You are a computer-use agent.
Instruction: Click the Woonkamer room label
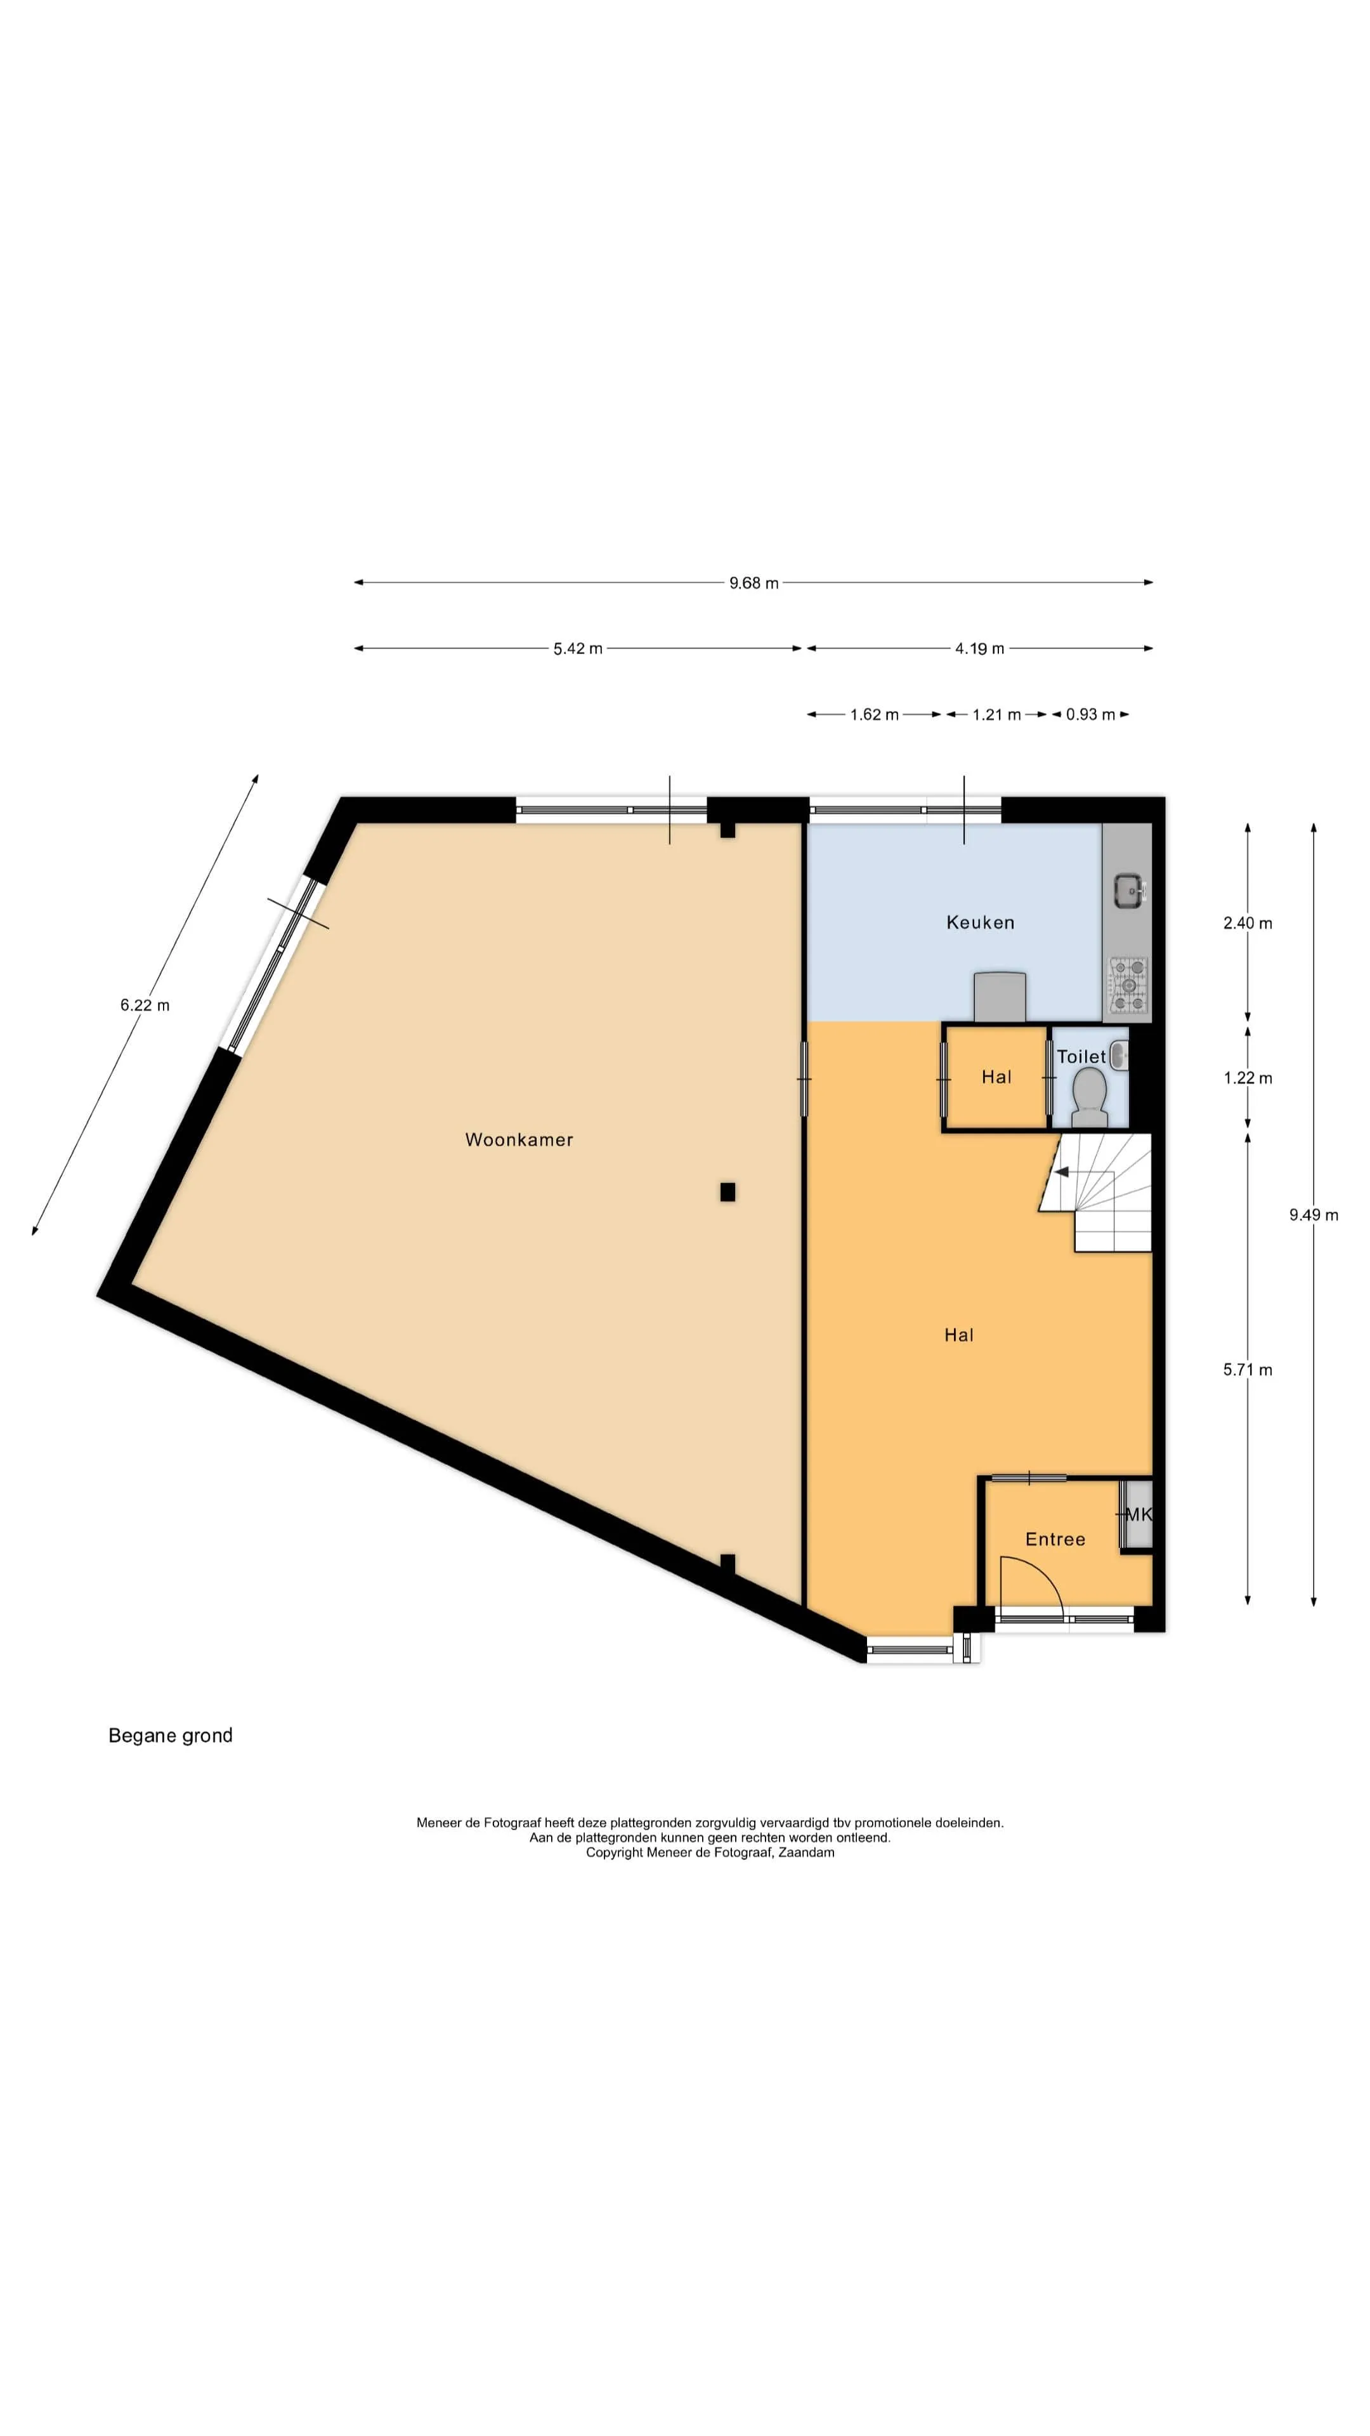pyautogui.click(x=519, y=1139)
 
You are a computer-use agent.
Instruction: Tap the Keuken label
pyautogui.click(x=981, y=922)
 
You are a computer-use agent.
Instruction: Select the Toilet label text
pyautogui.click(x=1081, y=1056)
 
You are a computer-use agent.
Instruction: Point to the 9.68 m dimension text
pyautogui.click(x=753, y=582)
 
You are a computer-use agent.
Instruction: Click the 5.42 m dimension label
pyautogui.click(x=578, y=649)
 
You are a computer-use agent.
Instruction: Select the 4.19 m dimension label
pyautogui.click(x=979, y=649)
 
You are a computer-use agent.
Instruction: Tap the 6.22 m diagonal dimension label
pyautogui.click(x=145, y=1005)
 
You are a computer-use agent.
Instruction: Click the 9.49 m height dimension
pyautogui.click(x=1314, y=1215)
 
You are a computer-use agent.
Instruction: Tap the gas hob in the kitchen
pyautogui.click(x=1128, y=985)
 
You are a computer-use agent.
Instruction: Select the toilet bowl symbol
pyautogui.click(x=1090, y=1097)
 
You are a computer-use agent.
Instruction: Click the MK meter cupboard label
pyautogui.click(x=1138, y=1514)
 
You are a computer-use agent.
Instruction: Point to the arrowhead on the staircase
pyautogui.click(x=1061, y=1172)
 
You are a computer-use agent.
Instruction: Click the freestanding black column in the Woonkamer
pyautogui.click(x=727, y=1191)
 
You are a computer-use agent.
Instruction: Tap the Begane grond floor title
pyautogui.click(x=170, y=1735)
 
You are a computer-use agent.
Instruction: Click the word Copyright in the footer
pyautogui.click(x=615, y=1852)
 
